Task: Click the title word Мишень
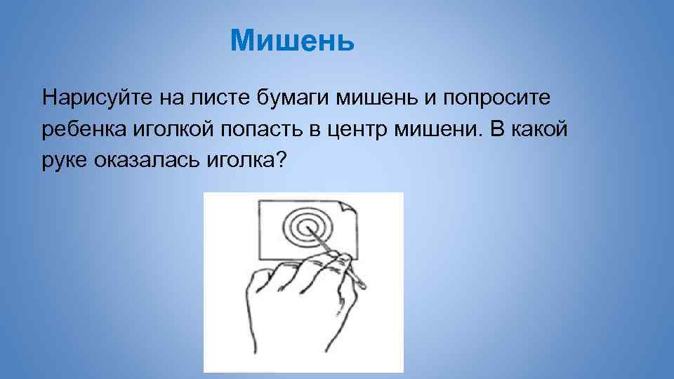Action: (x=293, y=41)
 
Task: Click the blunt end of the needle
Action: (x=362, y=284)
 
